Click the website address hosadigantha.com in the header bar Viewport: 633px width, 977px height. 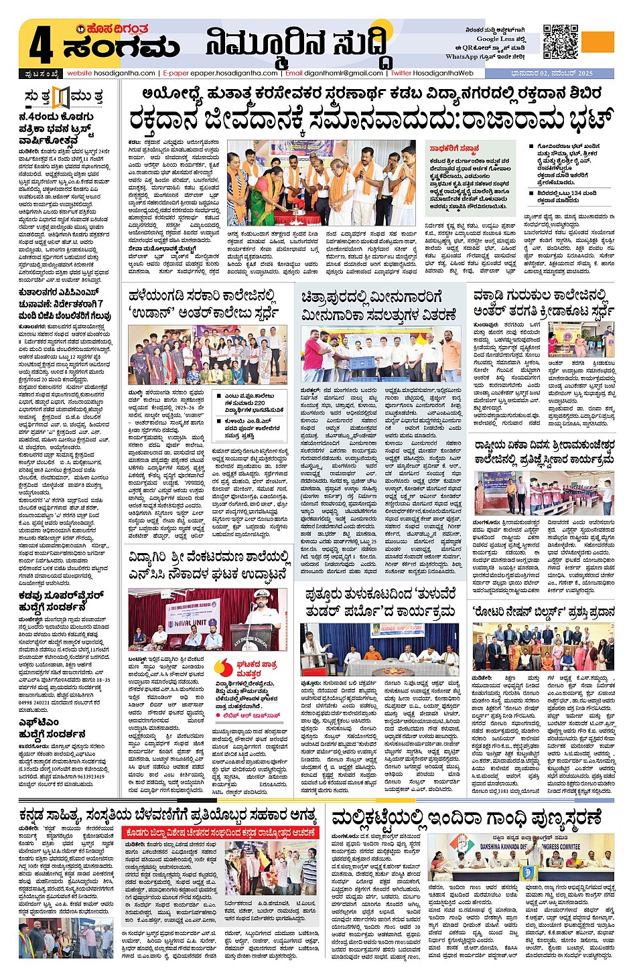click(112, 73)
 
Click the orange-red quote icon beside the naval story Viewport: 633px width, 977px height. click(224, 666)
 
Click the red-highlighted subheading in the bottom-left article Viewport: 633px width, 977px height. click(220, 832)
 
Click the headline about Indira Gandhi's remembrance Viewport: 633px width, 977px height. click(466, 818)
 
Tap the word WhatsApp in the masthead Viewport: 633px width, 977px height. click(462, 57)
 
